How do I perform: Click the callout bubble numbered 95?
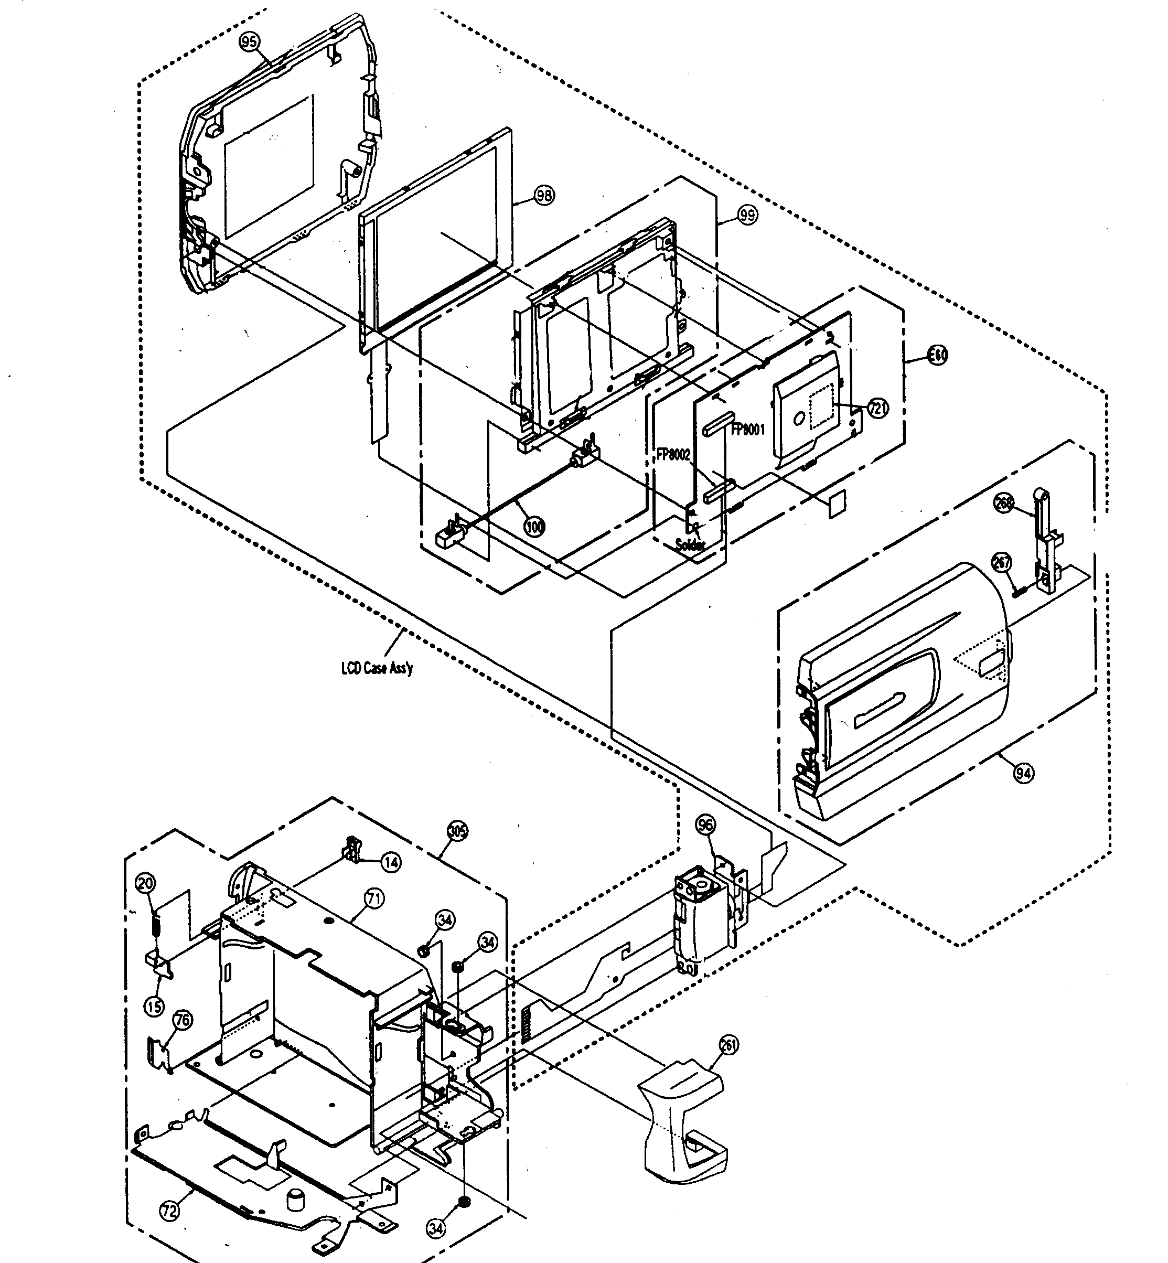tap(250, 42)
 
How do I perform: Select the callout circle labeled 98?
tap(543, 195)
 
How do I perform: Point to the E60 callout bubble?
tap(937, 355)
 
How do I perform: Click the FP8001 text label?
tap(748, 430)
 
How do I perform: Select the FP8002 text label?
tap(674, 455)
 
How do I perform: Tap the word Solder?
tap(690, 544)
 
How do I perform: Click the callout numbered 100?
tap(535, 526)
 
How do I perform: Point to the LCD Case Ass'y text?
tap(377, 668)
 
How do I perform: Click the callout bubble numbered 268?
tap(1004, 502)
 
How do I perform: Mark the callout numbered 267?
tap(1002, 562)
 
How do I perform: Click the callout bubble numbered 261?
tap(728, 1045)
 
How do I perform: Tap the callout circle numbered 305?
tap(457, 831)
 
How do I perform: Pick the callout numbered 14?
tap(391, 862)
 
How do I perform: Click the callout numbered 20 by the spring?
tap(146, 883)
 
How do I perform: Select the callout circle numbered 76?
tap(183, 1020)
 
